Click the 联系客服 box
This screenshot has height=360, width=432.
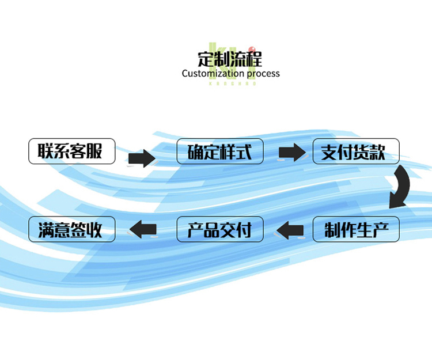(x=72, y=151)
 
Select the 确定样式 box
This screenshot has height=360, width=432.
(x=220, y=151)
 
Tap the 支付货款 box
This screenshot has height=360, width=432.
(x=356, y=151)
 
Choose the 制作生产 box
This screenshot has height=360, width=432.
(x=356, y=230)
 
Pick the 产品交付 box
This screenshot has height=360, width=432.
(x=220, y=230)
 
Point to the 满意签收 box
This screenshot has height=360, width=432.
(x=72, y=230)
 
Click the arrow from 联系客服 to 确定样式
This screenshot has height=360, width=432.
(x=142, y=157)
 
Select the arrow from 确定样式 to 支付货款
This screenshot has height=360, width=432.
(x=291, y=153)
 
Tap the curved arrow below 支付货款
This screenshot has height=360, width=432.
(x=400, y=187)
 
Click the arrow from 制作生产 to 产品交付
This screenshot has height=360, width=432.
(x=289, y=230)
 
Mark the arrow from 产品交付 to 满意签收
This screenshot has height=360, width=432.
(x=142, y=230)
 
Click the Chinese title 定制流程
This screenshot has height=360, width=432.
(x=230, y=58)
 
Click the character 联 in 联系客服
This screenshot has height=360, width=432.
(x=46, y=151)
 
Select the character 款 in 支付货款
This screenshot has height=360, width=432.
(x=377, y=152)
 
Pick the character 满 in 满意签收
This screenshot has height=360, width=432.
(x=46, y=230)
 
